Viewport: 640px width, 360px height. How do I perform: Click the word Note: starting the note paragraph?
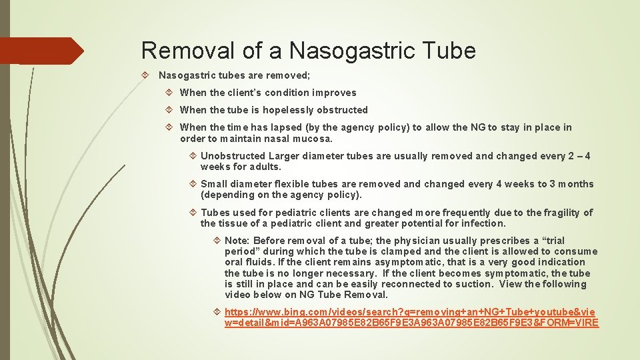click(237, 241)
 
